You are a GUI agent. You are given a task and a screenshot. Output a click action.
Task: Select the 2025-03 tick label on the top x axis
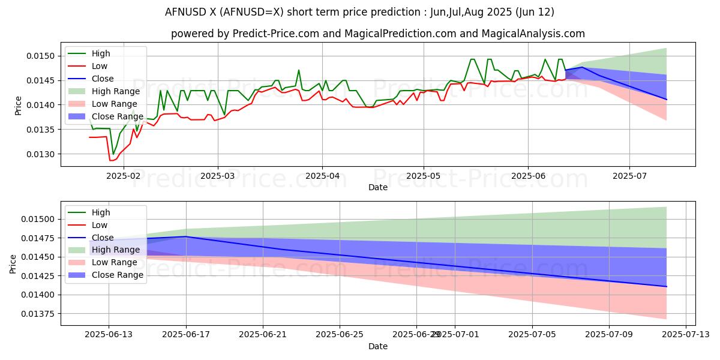click(x=217, y=176)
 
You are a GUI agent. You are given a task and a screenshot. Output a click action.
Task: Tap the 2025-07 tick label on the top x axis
click(x=629, y=176)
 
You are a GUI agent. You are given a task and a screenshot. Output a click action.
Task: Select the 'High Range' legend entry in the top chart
click(x=115, y=91)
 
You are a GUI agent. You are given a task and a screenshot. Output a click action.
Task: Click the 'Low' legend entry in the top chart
click(x=100, y=66)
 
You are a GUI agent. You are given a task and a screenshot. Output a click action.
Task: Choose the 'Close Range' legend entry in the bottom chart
click(x=117, y=275)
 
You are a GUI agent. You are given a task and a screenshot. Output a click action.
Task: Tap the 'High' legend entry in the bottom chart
click(x=101, y=212)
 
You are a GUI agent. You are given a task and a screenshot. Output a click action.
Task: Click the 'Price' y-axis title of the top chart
click(x=19, y=104)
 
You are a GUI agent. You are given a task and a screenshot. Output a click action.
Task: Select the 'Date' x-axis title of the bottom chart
click(x=378, y=346)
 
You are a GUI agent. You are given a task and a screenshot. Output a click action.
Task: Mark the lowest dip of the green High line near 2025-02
click(x=113, y=154)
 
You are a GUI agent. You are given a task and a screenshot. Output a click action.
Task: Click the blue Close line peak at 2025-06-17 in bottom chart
click(x=185, y=236)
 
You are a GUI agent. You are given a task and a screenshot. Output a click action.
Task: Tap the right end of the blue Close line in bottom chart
click(x=667, y=286)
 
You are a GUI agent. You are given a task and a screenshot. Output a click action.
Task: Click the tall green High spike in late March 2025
click(x=298, y=70)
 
